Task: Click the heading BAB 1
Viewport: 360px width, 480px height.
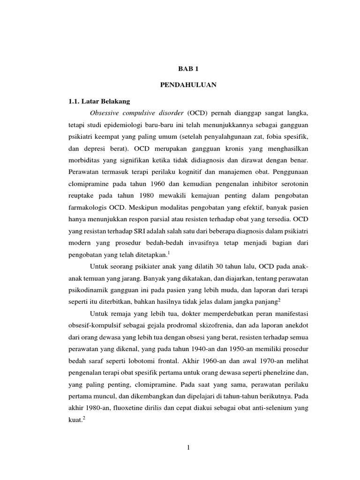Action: coord(187,68)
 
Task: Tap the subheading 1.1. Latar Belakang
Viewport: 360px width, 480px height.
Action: coord(99,101)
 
